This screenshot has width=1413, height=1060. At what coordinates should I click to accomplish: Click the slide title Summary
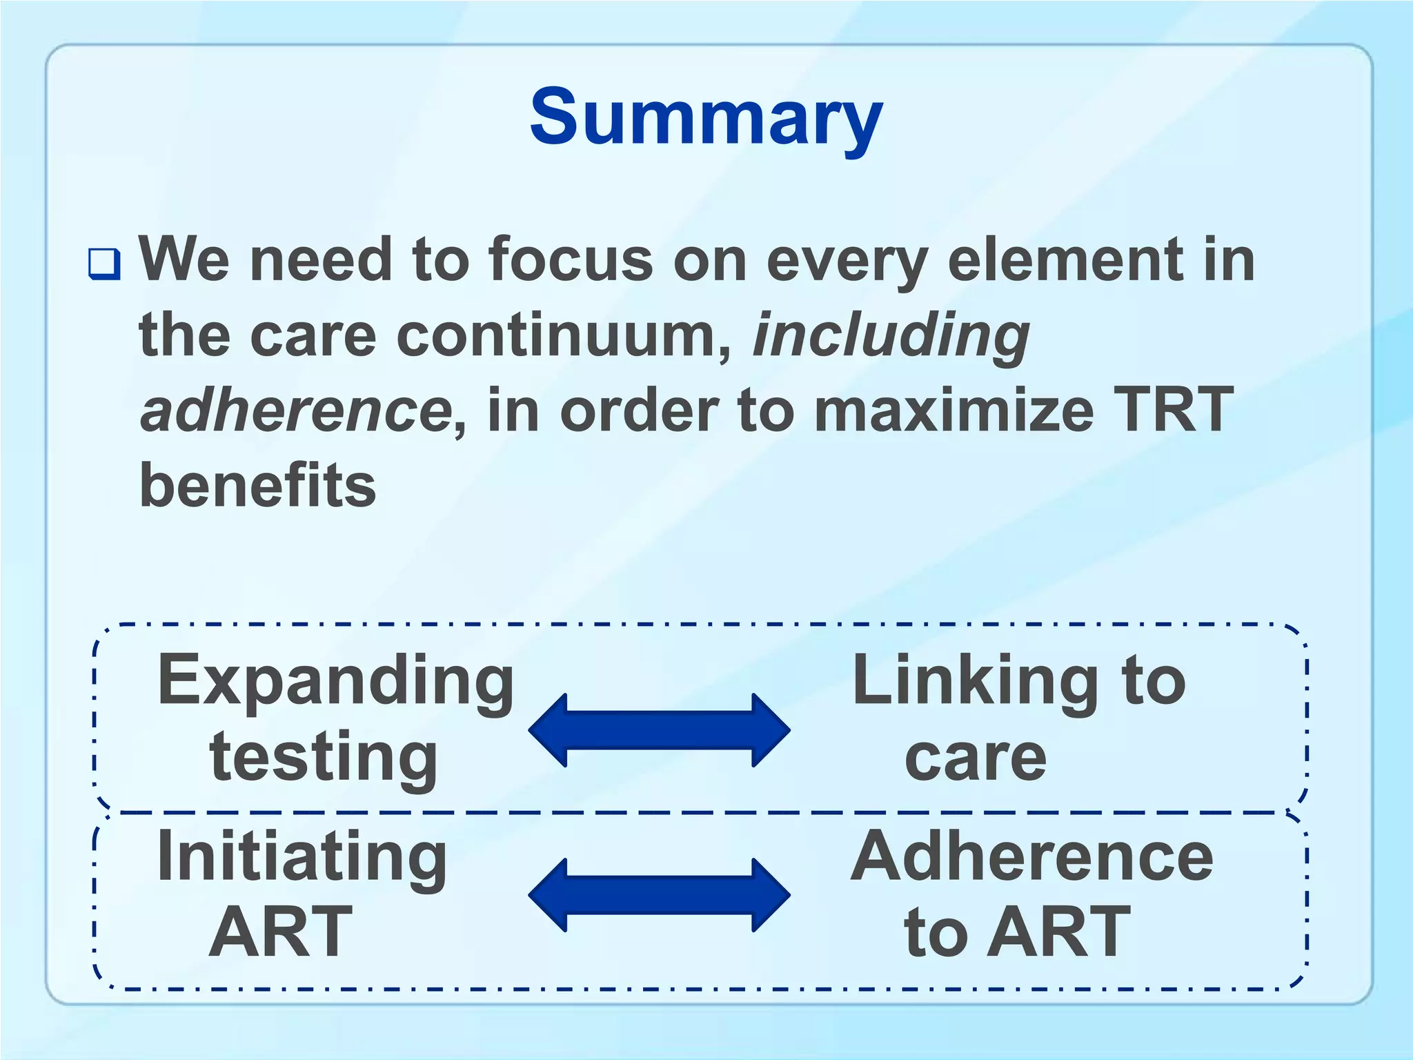(706, 117)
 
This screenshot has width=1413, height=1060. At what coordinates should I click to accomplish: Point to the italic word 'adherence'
(295, 410)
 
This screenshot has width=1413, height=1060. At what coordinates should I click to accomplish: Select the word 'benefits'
(257, 485)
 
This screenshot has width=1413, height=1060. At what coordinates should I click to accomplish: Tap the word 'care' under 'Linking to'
(975, 758)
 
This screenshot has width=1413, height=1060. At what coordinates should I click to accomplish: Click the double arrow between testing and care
(659, 730)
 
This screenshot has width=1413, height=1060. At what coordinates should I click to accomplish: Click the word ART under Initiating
(280, 932)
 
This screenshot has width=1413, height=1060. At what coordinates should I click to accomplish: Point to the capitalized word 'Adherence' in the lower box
(1031, 856)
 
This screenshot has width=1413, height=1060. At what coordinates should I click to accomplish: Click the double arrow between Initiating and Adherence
(659, 895)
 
